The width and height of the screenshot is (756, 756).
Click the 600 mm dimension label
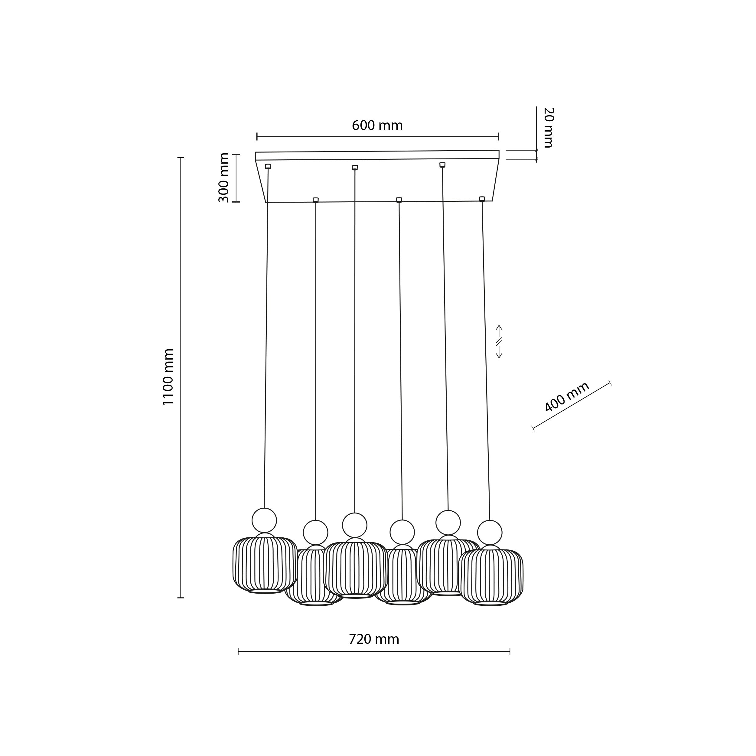tap(377, 125)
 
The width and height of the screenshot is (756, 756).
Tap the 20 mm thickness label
tap(549, 128)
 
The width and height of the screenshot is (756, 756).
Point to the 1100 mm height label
tap(168, 377)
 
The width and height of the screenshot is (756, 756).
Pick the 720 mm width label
tap(374, 639)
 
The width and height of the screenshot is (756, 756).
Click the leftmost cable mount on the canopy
tap(268, 166)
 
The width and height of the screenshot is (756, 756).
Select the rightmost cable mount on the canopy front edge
tap(482, 199)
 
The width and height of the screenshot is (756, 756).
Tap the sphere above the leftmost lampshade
tap(264, 520)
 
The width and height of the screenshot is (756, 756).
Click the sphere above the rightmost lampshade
tap(490, 533)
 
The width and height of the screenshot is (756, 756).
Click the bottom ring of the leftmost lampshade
tap(265, 602)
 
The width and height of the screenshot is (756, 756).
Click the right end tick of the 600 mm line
tap(498, 136)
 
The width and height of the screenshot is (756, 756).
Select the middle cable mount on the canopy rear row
tap(354, 168)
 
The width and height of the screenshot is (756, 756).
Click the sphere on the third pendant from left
tap(354, 525)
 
